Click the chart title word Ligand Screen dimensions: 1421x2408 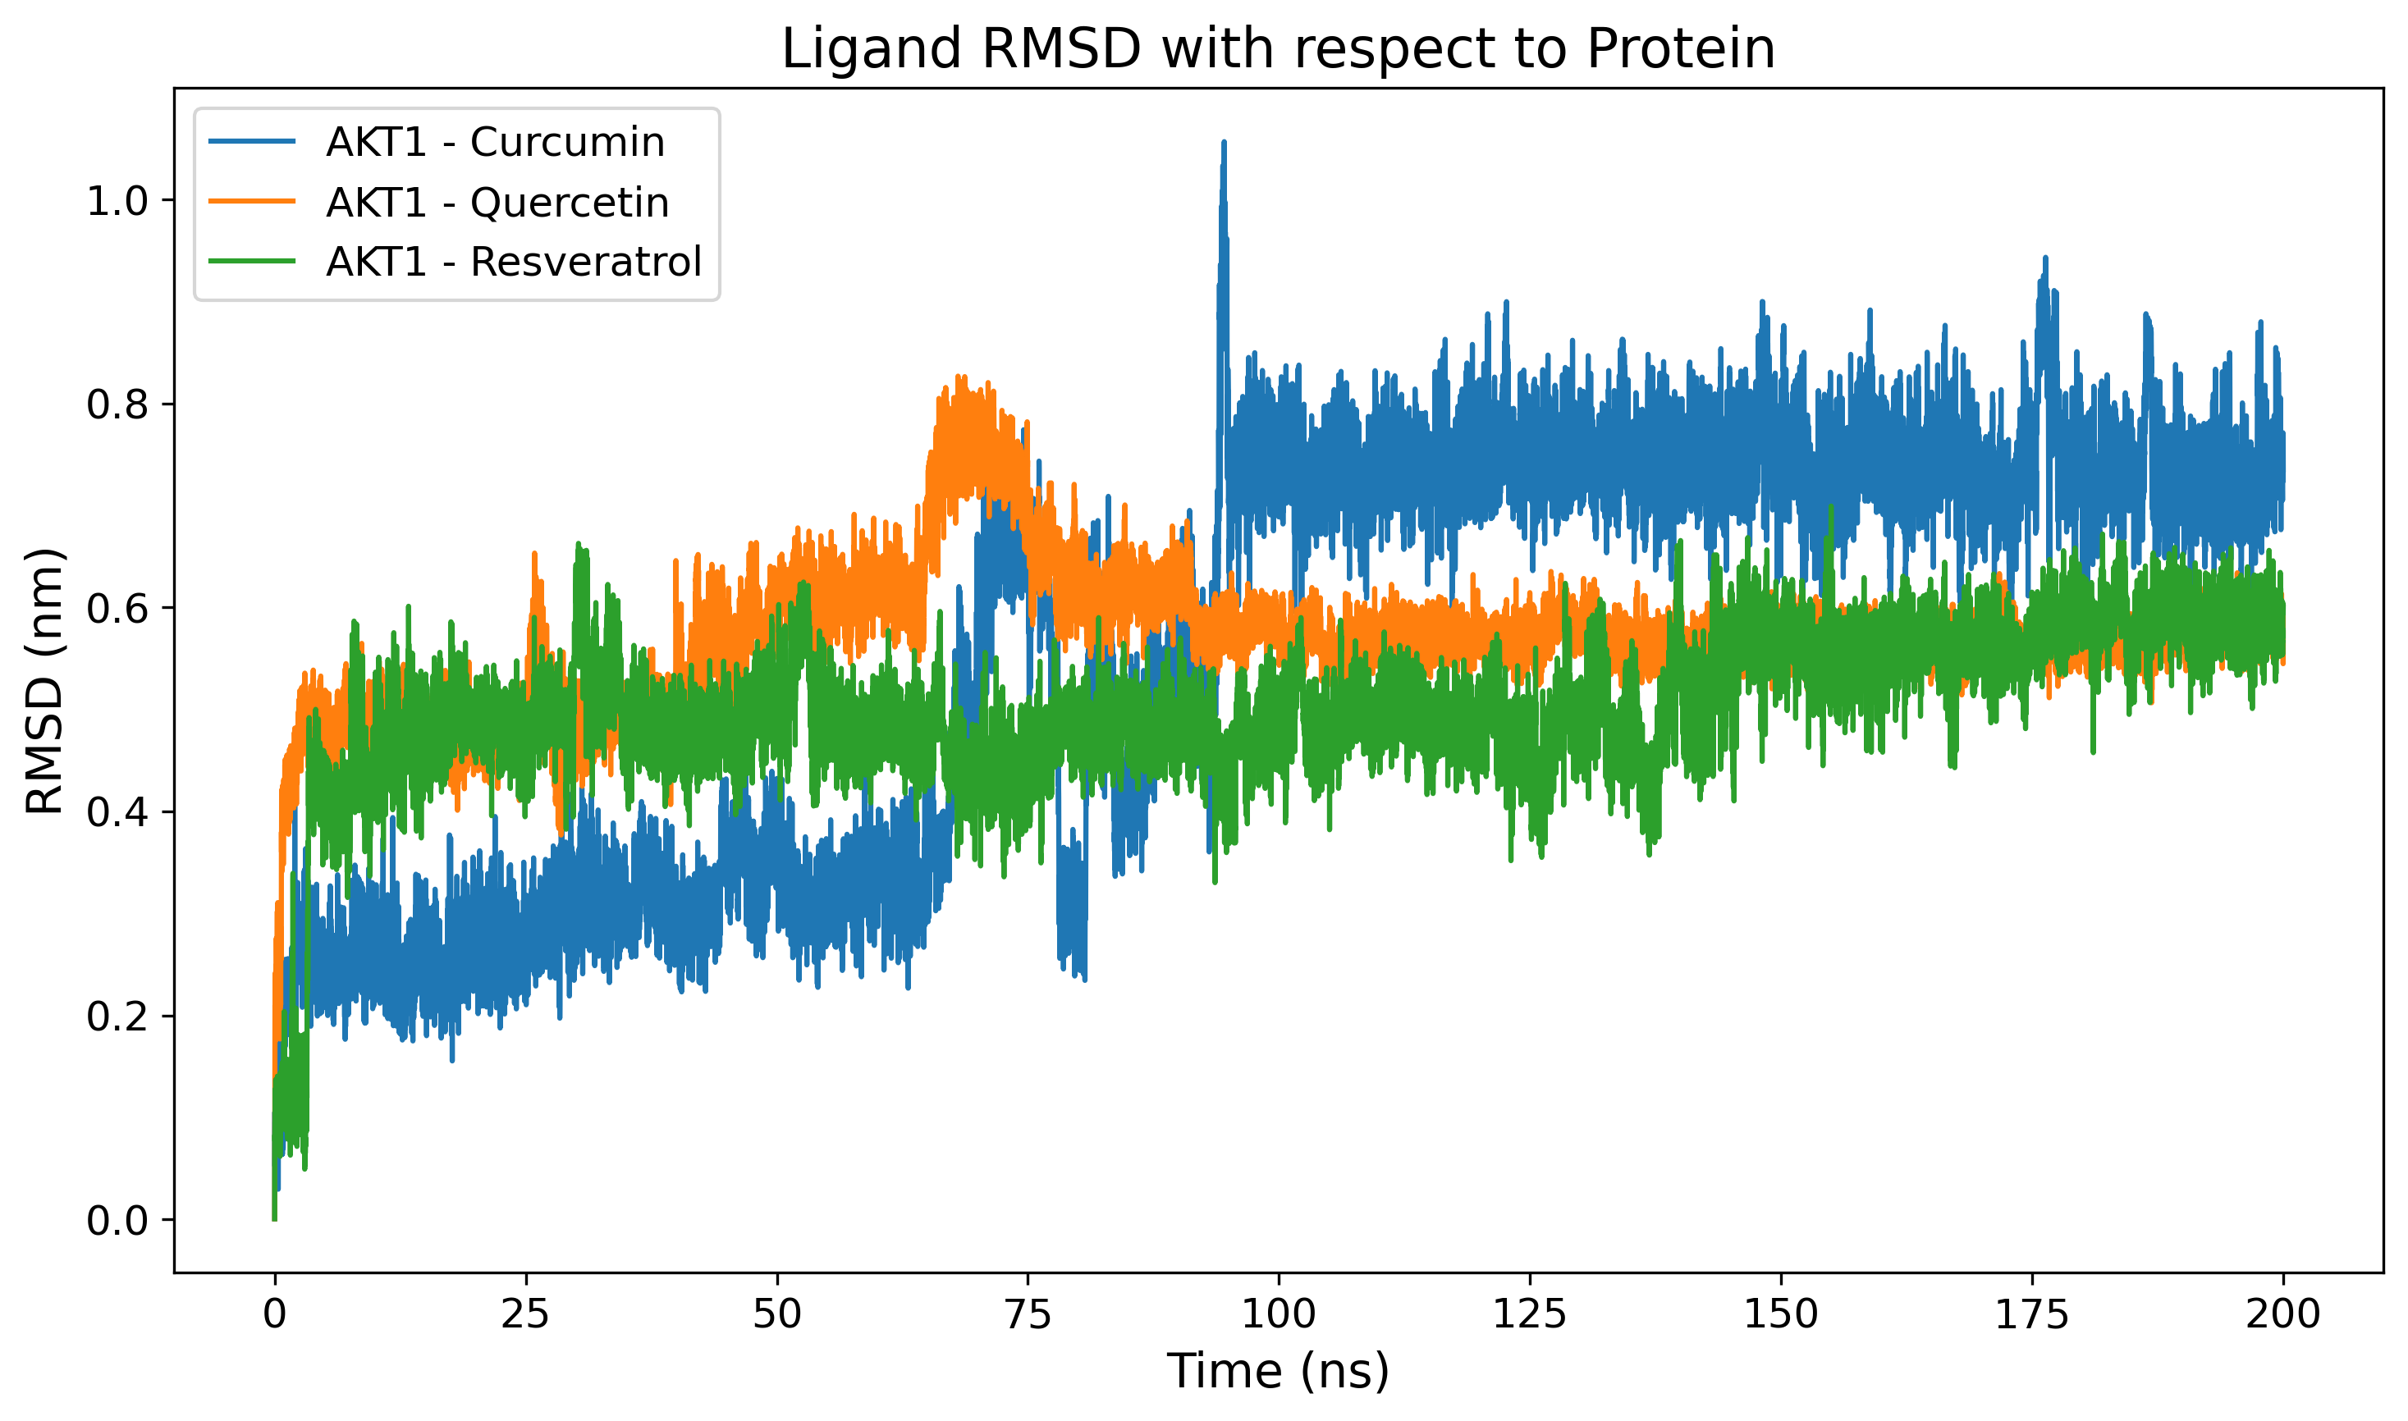870,50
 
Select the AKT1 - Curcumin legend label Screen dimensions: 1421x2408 495,143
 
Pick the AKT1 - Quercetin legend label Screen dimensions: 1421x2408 497,203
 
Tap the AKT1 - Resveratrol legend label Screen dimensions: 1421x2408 514,263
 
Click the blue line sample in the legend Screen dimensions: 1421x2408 253,143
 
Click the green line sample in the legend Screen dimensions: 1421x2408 253,263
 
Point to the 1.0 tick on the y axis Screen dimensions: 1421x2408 118,202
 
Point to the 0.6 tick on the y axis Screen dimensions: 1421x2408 118,610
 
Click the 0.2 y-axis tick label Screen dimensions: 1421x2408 118,1017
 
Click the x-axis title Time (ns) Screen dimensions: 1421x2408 1278,1371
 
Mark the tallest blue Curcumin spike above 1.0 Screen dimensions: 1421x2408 1223,145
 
